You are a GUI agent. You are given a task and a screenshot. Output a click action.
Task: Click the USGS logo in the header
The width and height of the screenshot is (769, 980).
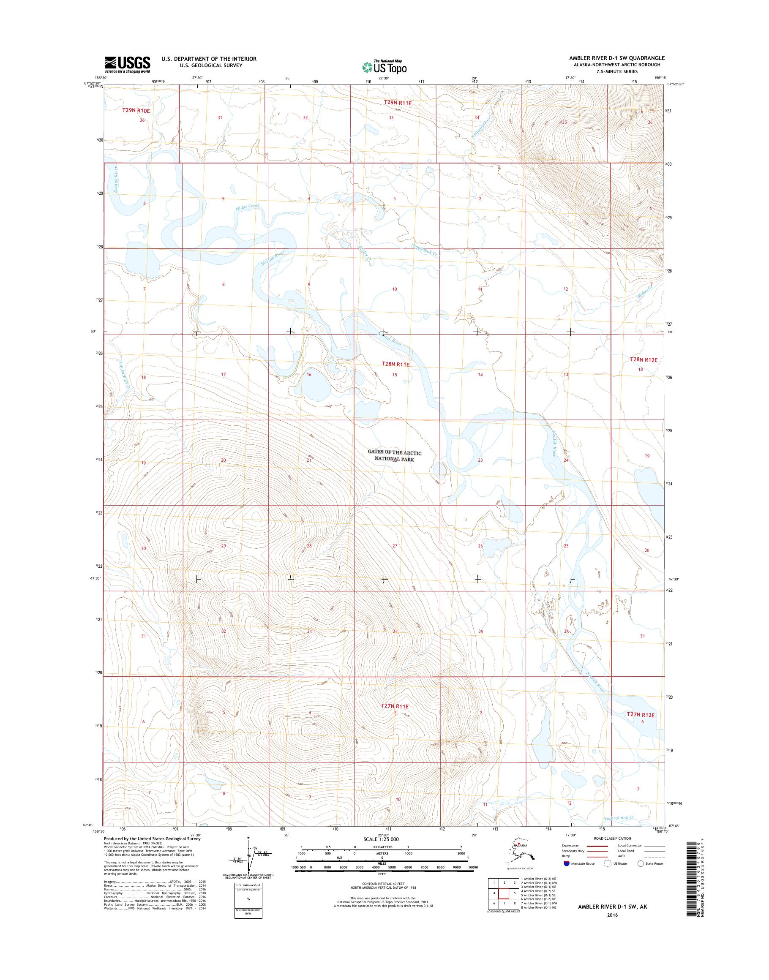[128, 64]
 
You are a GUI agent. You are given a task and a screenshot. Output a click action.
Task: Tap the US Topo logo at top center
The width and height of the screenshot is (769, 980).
[384, 67]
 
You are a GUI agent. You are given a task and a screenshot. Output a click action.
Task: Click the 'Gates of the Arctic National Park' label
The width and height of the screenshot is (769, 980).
[394, 456]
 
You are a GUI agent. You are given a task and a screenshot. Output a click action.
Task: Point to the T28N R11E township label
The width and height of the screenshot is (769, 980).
[395, 364]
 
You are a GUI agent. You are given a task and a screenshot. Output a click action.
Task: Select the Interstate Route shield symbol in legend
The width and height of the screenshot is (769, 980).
[566, 863]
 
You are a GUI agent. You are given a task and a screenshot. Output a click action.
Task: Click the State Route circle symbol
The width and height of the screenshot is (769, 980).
[641, 863]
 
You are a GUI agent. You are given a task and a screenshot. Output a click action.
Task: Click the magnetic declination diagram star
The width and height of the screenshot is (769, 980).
[248, 838]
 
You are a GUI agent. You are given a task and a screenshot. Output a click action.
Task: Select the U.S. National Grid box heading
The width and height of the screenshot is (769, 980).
[245, 885]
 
